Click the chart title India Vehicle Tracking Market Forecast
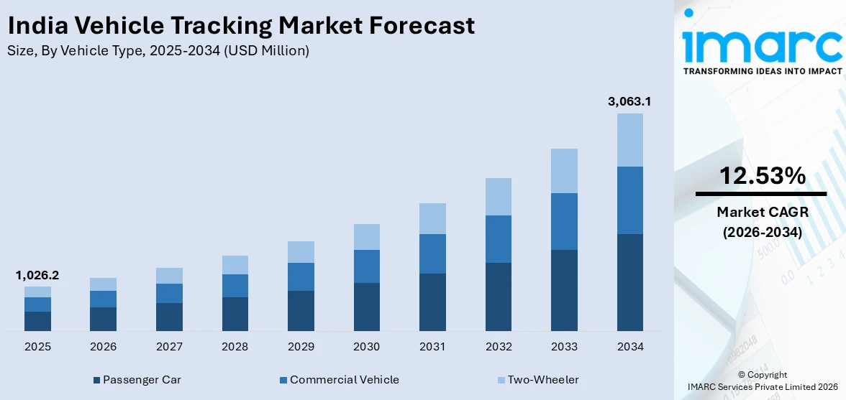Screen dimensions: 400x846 [x=241, y=26]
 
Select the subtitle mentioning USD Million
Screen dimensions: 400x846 [x=158, y=51]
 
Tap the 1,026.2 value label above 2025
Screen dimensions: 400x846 [x=37, y=275]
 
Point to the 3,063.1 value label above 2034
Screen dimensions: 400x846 [x=629, y=101]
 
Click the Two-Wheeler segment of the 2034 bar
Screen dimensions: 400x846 [x=629, y=139]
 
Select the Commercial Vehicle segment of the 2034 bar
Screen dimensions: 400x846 [x=629, y=200]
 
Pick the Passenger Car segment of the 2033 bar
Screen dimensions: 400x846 [x=564, y=290]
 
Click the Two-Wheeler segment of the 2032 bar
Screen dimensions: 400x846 [x=498, y=197]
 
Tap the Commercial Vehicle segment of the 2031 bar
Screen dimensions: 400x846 [x=432, y=254]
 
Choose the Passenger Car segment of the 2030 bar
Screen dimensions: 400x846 [x=366, y=307]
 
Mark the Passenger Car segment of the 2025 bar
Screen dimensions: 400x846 [x=37, y=321]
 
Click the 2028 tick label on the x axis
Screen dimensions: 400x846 [x=235, y=347]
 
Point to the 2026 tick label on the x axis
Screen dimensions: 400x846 [x=103, y=347]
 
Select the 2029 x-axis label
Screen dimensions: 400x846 [x=301, y=347]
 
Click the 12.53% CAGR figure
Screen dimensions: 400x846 [x=760, y=176]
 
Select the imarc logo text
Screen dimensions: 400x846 [x=762, y=45]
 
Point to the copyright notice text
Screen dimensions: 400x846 [x=762, y=381]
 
